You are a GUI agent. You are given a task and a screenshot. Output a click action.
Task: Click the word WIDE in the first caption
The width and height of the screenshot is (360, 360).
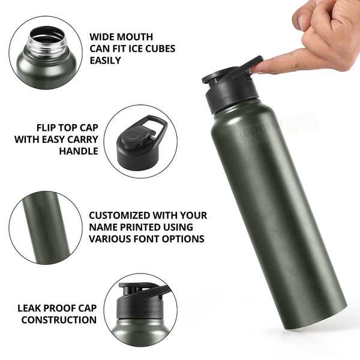(102, 37)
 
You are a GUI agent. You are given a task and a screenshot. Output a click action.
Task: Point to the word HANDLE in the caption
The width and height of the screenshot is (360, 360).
(78, 151)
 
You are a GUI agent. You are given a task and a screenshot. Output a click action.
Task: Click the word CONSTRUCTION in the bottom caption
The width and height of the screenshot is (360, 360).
(59, 320)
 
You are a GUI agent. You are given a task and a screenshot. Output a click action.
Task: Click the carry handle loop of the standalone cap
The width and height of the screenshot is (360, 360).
(154, 124)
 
